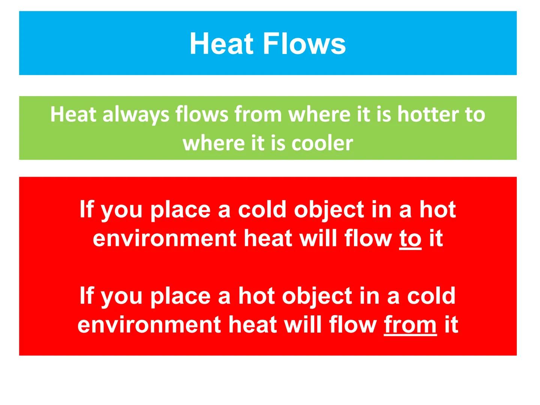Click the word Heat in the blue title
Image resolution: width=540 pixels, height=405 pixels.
(x=222, y=44)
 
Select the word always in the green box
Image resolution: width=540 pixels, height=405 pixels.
(x=136, y=114)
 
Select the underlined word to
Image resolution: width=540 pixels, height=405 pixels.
(x=410, y=238)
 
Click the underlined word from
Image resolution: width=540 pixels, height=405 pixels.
(x=410, y=324)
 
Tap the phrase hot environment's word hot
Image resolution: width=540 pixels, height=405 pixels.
(x=437, y=209)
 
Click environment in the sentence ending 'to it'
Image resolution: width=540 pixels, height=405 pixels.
(x=165, y=238)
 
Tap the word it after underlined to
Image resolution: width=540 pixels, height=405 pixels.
(x=436, y=238)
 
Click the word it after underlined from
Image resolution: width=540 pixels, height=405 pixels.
(x=451, y=324)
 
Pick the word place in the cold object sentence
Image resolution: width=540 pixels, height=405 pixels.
(x=180, y=210)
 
